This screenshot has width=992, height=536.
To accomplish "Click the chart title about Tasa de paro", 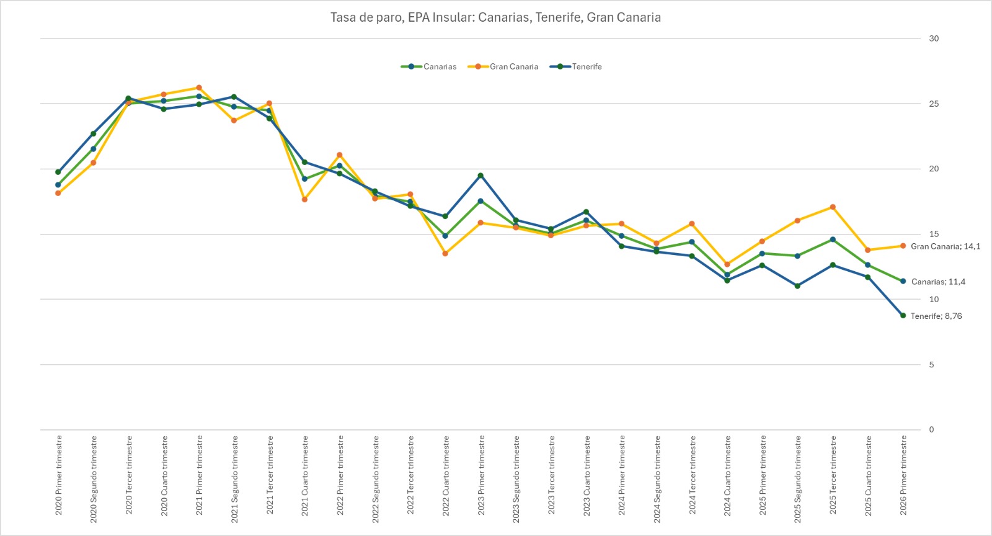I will (495, 17).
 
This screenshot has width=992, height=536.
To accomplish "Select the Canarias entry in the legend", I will (429, 66).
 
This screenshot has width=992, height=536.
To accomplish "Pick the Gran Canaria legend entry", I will (503, 66).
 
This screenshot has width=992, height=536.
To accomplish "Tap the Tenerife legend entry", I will (576, 66).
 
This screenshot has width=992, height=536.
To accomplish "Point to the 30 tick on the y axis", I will (934, 38).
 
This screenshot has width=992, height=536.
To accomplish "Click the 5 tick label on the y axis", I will (931, 365).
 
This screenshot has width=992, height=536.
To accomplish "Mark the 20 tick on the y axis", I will (934, 169).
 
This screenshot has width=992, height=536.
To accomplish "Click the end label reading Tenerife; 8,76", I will (936, 316).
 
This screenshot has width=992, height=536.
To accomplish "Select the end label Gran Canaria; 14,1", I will (945, 246).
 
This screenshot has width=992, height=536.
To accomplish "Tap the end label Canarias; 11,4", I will (938, 282).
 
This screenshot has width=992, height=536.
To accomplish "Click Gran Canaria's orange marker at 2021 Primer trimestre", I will (199, 87).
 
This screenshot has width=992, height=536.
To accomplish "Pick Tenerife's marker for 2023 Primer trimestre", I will (480, 176).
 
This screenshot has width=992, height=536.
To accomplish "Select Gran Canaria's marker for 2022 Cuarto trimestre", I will (445, 253).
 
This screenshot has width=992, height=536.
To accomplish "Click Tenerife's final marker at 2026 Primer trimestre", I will (903, 316).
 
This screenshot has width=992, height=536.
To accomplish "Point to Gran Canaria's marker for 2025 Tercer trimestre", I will (833, 207).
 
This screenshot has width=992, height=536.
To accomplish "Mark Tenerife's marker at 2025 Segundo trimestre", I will (797, 286).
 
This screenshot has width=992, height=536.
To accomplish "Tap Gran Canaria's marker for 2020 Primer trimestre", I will (58, 193).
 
